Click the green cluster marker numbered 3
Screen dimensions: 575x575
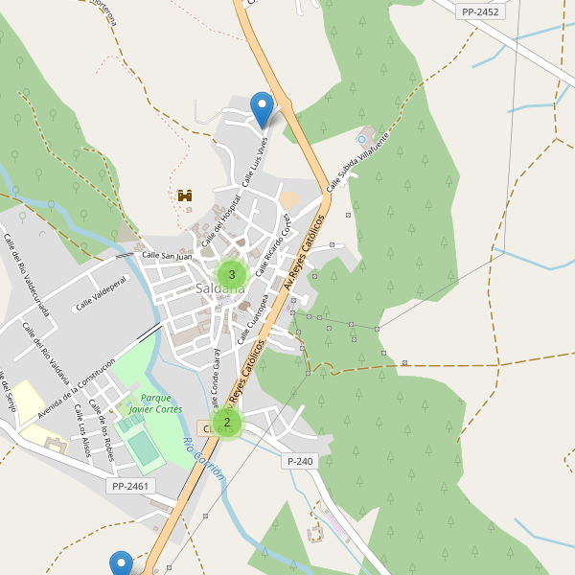(x=232, y=274)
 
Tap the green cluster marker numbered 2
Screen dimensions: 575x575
(x=227, y=422)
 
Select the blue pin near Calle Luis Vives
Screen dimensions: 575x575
(x=261, y=109)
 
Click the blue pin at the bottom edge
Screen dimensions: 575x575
(x=121, y=563)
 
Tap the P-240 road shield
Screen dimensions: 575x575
(x=300, y=461)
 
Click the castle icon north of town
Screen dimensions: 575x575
(x=185, y=195)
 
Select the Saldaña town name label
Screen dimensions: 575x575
(x=219, y=287)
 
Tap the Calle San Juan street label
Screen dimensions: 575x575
(x=167, y=256)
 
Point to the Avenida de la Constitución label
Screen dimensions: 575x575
(x=77, y=388)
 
